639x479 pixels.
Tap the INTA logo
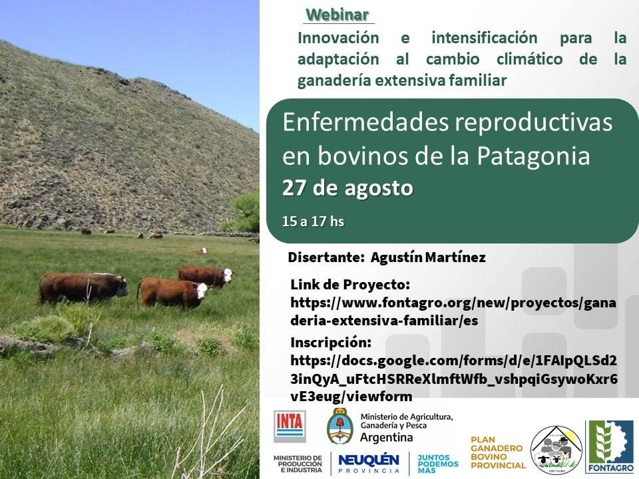coord(290,426)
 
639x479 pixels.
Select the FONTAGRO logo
coord(609,446)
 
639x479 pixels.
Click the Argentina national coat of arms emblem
coord(339,426)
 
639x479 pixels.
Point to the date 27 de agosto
coord(347,188)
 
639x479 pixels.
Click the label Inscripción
coord(331,343)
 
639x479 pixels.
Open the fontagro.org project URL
coord(453,311)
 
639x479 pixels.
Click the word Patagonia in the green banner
coord(533,156)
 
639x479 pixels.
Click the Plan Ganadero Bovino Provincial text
coord(498,452)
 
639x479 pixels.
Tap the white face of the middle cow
coord(201,291)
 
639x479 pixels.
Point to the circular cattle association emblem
coord(554,450)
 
